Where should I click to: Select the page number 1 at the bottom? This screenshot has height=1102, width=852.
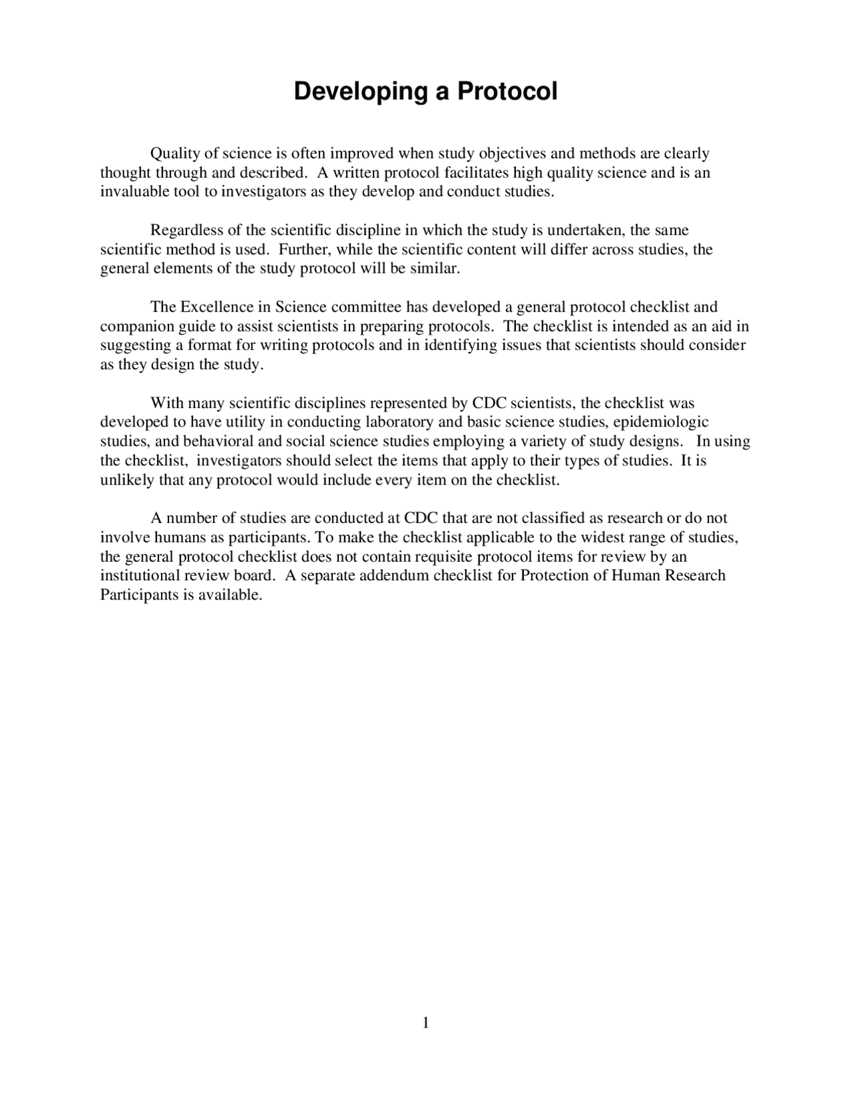tap(426, 1023)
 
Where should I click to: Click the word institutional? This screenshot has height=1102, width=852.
tap(140, 576)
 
